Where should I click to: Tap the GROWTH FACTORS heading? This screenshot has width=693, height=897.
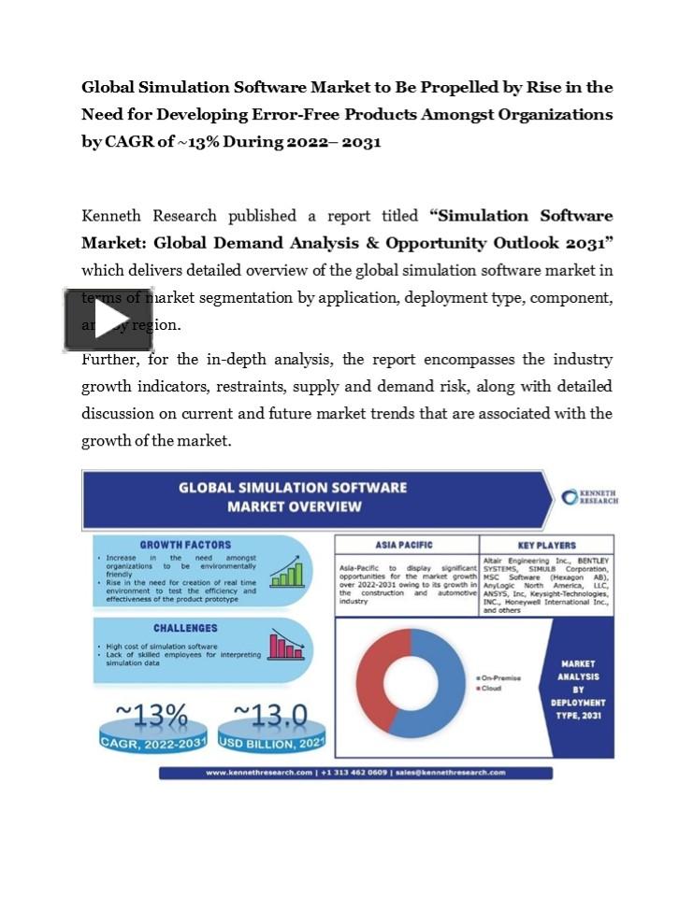(185, 545)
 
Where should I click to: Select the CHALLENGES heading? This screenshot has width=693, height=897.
(185, 628)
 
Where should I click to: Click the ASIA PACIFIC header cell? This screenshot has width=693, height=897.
(407, 545)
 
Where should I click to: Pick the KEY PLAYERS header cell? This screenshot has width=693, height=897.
(546, 545)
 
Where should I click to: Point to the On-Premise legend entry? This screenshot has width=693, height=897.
(501, 677)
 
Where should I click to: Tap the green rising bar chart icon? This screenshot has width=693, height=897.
(285, 571)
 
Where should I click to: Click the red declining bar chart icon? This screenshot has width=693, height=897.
(285, 646)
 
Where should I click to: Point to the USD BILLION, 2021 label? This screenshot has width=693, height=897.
(272, 743)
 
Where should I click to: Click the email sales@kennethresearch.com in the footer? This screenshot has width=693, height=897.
(450, 773)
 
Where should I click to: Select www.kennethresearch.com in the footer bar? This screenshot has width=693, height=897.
(259, 773)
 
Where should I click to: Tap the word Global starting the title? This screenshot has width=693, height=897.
(108, 87)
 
